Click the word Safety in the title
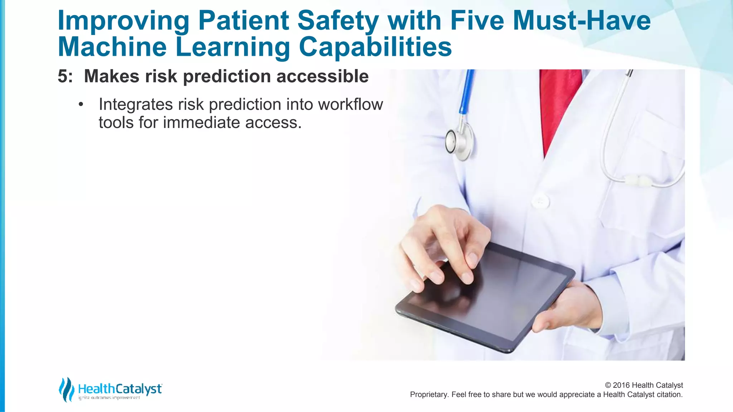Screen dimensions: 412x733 (x=338, y=21)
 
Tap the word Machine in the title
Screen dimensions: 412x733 (x=112, y=47)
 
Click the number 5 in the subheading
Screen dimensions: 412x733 (x=63, y=77)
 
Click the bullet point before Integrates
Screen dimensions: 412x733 (x=81, y=105)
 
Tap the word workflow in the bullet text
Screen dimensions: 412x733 (x=350, y=105)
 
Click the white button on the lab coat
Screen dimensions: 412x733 (x=540, y=201)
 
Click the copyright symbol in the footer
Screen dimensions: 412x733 (x=608, y=385)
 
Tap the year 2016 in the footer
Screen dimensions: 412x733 (x=621, y=385)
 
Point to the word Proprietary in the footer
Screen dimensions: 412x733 (x=429, y=394)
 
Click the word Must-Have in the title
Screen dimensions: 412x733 (x=582, y=21)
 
